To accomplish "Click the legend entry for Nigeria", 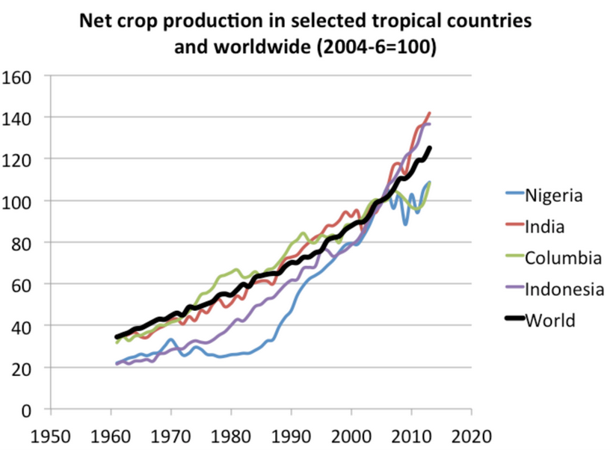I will point(553,197).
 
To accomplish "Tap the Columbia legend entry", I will point(563,259).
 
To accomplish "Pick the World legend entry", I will point(550,321).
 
